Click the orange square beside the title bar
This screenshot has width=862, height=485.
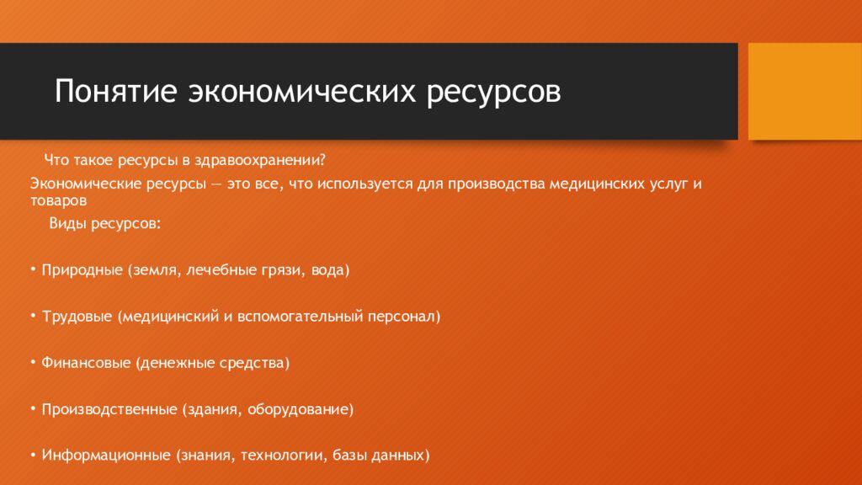pos(805,91)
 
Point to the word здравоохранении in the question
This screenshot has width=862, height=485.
pos(268,159)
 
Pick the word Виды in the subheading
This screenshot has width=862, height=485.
pos(67,225)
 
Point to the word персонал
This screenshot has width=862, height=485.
pos(407,317)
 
